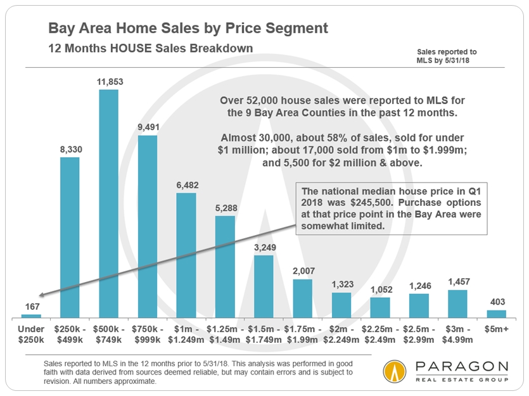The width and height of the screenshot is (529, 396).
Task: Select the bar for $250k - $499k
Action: pos(70,237)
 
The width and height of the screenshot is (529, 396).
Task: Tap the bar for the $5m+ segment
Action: pos(496,313)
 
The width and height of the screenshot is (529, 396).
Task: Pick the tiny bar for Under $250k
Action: pos(31,315)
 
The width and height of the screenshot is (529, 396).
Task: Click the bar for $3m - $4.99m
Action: pos(457,303)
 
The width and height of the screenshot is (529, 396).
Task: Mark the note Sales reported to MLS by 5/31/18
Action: pos(447,56)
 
